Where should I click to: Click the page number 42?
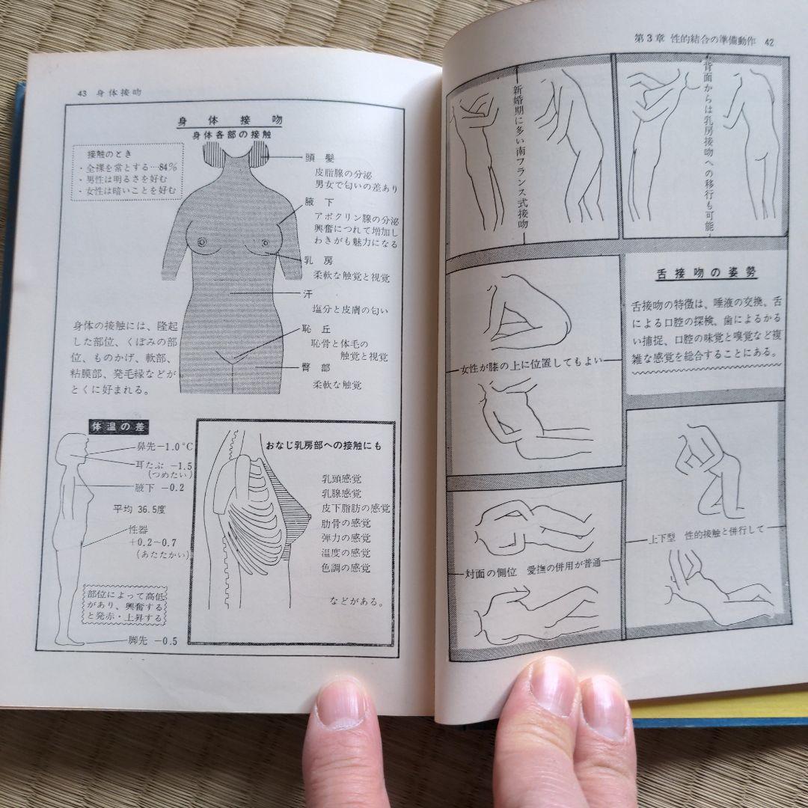(768, 42)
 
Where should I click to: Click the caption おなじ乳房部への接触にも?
(324, 446)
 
